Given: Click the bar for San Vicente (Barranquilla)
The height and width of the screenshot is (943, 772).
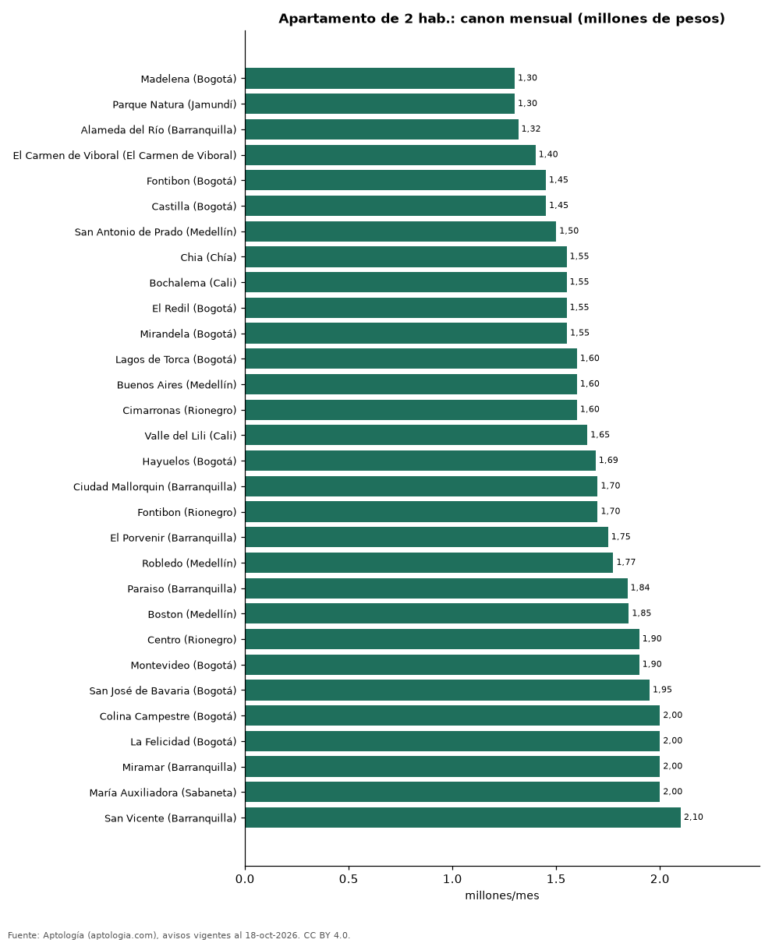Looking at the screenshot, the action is pos(462,818).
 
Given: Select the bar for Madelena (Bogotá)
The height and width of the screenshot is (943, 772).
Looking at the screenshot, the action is pos(380,78).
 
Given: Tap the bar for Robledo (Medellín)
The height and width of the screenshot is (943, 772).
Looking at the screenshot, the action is pos(429,563).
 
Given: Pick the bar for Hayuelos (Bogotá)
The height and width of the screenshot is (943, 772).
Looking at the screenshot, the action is pos(420,461).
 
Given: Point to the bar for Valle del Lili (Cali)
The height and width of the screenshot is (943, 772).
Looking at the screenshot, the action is pos(416,435).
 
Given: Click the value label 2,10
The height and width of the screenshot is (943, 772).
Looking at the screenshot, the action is pos(693,817).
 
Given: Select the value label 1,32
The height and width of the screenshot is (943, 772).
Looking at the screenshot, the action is pos(531,129).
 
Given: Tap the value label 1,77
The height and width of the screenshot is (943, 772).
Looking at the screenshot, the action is pos(625,562).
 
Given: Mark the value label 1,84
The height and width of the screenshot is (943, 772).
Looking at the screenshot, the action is pos(640,588).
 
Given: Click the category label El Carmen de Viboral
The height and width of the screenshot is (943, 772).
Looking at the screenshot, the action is pos(125,156).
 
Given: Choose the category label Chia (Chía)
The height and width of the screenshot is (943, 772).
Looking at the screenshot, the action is pos(208,257).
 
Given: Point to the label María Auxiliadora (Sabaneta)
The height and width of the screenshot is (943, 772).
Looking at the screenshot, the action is pos(163,793).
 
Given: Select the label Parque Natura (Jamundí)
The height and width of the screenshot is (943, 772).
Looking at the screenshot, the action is pos(175,104).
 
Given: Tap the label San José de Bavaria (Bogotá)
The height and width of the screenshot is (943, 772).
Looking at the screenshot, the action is pos(163,690).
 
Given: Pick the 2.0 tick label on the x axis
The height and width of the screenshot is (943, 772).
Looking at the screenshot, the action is pos(660,879).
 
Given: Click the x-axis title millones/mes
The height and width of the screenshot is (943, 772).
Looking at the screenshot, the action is pos(502,895).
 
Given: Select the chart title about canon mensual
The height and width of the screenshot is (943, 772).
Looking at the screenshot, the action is pos(501,19).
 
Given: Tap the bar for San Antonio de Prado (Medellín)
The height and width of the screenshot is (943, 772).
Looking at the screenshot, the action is pos(401,231).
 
